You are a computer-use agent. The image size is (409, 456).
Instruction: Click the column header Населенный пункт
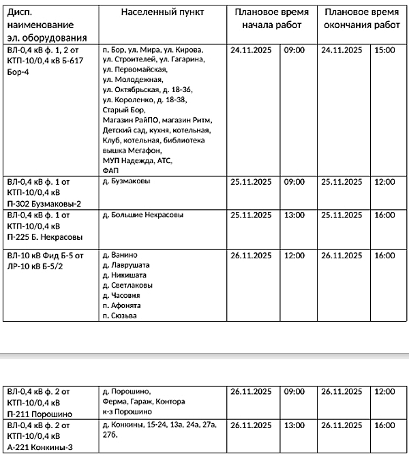(x=162, y=13)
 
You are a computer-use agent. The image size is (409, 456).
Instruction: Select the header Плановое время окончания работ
(x=361, y=19)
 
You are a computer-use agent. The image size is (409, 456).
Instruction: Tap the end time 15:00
(x=385, y=50)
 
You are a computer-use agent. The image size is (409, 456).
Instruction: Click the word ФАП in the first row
(x=110, y=170)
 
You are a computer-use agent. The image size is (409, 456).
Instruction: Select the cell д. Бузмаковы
(x=125, y=183)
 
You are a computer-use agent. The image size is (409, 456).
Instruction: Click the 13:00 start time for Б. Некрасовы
(x=294, y=215)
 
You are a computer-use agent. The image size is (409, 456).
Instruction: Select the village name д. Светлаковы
(x=127, y=286)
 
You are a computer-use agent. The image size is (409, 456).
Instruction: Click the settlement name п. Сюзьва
(x=119, y=316)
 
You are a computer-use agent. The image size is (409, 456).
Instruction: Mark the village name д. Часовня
(x=121, y=296)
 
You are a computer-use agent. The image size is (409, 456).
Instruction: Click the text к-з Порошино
(x=123, y=412)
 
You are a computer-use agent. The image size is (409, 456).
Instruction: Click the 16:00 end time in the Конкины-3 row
(x=385, y=425)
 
